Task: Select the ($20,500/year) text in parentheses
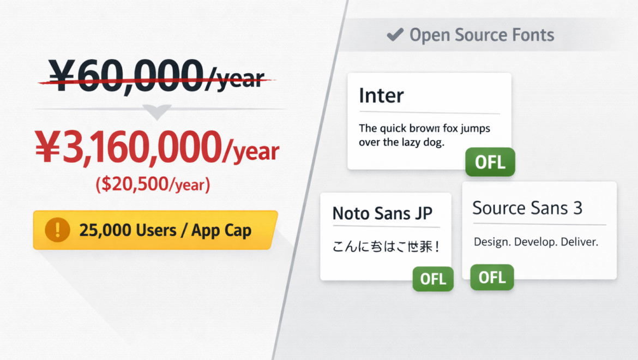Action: click(153, 185)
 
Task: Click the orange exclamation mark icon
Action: click(57, 230)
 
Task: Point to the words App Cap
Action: click(221, 230)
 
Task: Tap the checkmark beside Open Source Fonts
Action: click(394, 35)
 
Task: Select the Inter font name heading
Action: click(381, 96)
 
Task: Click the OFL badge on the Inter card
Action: click(490, 162)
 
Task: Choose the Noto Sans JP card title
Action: click(382, 213)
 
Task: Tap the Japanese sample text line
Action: click(386, 247)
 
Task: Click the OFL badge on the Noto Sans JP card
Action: click(433, 279)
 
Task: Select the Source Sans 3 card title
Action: click(527, 208)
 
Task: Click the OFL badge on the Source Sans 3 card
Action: click(492, 277)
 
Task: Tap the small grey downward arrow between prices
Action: click(157, 112)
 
